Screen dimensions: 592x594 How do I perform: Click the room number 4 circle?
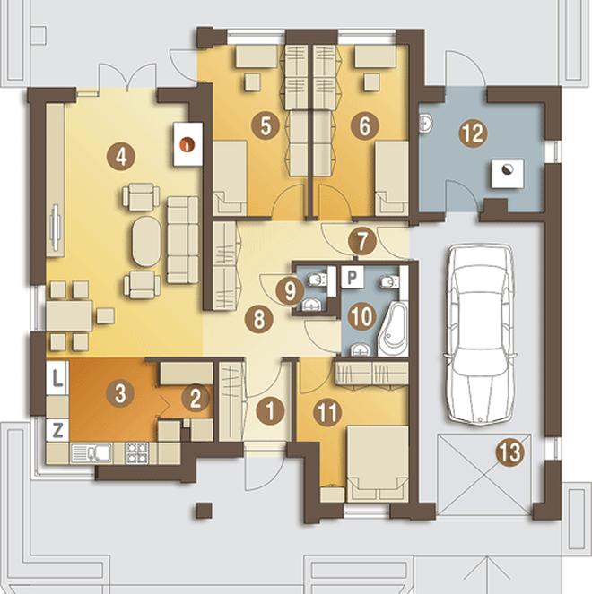click(121, 157)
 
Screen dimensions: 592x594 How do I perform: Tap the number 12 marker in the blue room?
click(474, 133)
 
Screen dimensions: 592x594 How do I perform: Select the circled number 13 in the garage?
click(510, 452)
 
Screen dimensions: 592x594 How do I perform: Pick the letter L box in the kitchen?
click(57, 378)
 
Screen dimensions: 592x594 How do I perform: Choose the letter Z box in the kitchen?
click(57, 431)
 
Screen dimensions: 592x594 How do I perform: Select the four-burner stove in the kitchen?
click(136, 452)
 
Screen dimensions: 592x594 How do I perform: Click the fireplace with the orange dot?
click(187, 144)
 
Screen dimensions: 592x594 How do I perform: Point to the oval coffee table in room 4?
click(147, 242)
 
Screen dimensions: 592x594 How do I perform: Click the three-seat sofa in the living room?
click(183, 240)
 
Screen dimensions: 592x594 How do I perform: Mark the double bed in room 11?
click(378, 463)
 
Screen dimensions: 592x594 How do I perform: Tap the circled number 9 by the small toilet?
click(290, 291)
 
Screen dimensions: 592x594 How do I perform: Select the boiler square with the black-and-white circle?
click(508, 174)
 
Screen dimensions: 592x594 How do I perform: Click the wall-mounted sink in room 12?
click(425, 124)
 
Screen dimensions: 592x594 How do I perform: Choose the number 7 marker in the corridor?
click(361, 241)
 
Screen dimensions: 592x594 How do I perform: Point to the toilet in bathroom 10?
click(390, 281)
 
